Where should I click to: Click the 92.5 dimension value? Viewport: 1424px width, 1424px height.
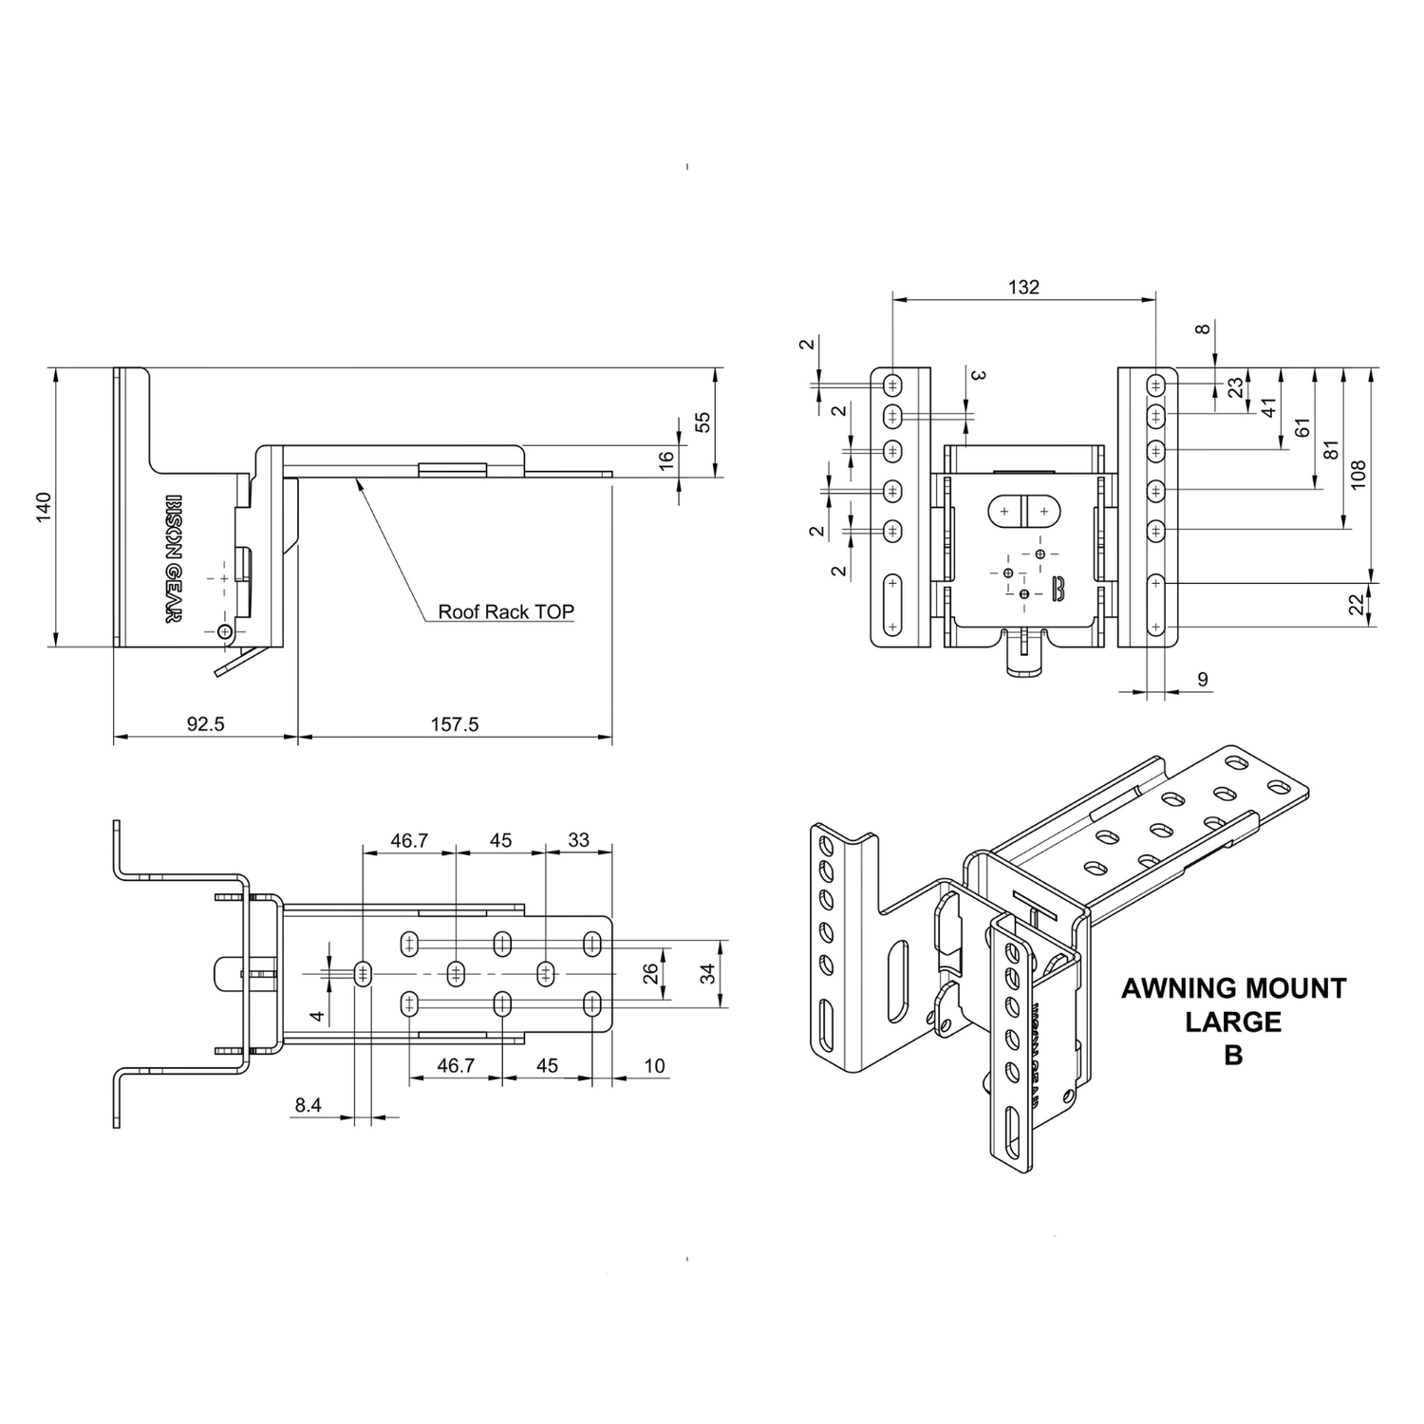(x=205, y=724)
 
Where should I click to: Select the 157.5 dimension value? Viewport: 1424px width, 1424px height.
(x=455, y=724)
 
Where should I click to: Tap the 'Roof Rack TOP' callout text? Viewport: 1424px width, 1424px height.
(x=506, y=611)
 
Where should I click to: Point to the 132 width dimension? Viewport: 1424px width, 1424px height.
(x=1023, y=287)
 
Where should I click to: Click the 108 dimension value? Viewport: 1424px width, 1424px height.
(x=1358, y=475)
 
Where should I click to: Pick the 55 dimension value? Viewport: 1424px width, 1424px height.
(x=703, y=422)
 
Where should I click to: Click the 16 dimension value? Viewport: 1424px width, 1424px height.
(x=666, y=459)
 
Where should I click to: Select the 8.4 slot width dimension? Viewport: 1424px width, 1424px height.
(x=309, y=1105)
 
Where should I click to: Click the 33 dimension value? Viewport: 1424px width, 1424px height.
(x=578, y=840)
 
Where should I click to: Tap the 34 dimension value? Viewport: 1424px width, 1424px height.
(x=708, y=972)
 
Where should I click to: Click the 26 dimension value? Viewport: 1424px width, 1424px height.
(x=651, y=973)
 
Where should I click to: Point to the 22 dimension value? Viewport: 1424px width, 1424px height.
(x=1358, y=604)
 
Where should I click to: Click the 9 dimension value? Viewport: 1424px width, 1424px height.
(x=1203, y=680)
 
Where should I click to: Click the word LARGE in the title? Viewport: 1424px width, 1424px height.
(x=1233, y=1021)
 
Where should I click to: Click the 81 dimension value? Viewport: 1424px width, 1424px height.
(x=1329, y=451)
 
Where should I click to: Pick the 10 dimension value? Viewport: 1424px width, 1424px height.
(x=654, y=1066)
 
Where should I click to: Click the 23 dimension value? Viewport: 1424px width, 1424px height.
(x=1235, y=388)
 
